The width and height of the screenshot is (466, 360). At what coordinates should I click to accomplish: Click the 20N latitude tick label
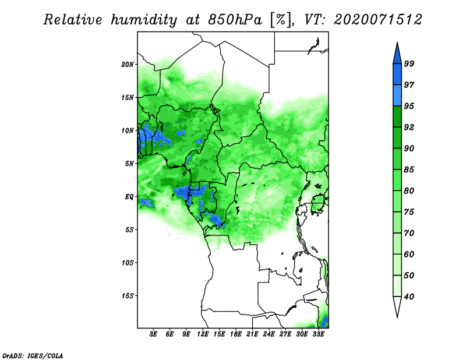[128, 64]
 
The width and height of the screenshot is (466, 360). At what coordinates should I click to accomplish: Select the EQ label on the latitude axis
[129, 196]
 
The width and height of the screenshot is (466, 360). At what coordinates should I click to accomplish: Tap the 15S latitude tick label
[128, 296]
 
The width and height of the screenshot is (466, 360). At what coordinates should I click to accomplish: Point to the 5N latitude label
[129, 164]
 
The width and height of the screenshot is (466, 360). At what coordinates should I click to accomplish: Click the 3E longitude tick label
[153, 334]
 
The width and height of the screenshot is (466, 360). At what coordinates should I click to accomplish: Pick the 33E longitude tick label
[318, 334]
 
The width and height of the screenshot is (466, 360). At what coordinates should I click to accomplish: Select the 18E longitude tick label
[236, 334]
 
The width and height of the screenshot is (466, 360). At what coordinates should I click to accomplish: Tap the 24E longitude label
[269, 334]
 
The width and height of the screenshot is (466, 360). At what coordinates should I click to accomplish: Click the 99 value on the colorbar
[409, 63]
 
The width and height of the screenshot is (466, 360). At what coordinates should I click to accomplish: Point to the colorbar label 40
[409, 297]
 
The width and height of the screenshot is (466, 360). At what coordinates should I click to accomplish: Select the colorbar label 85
[409, 170]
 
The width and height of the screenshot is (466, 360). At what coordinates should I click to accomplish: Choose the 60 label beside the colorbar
[409, 254]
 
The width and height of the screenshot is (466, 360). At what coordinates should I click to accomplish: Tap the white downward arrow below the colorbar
[397, 306]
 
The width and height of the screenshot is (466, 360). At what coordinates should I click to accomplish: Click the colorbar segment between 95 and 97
[397, 96]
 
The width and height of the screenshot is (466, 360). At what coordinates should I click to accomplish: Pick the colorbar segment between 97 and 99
[397, 75]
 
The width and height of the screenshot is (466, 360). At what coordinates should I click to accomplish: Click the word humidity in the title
[144, 20]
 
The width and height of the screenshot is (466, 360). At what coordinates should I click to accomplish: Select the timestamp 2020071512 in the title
[377, 20]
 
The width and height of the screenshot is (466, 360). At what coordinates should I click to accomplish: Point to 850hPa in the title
[235, 20]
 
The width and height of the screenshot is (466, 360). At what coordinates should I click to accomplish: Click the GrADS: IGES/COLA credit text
[33, 355]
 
